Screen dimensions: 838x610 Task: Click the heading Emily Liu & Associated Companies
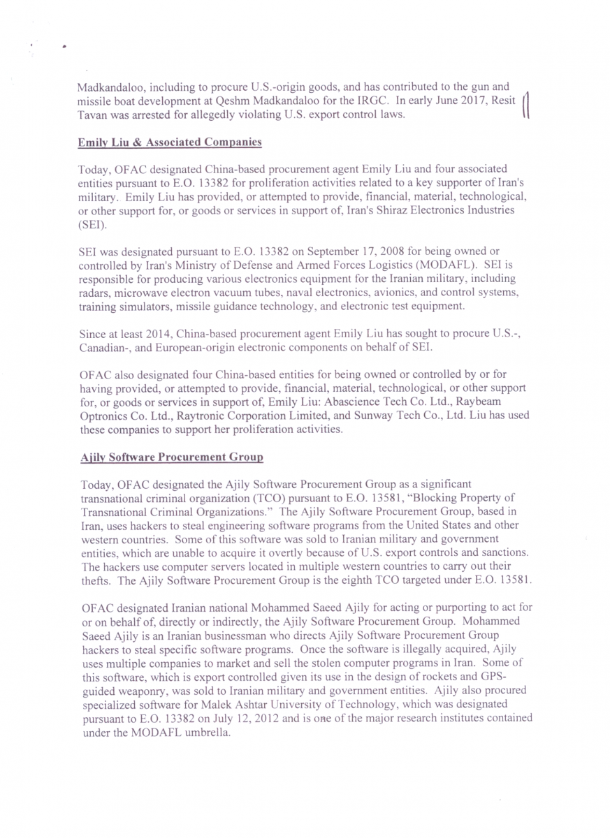coord(169,142)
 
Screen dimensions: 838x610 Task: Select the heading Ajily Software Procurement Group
coord(172,457)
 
